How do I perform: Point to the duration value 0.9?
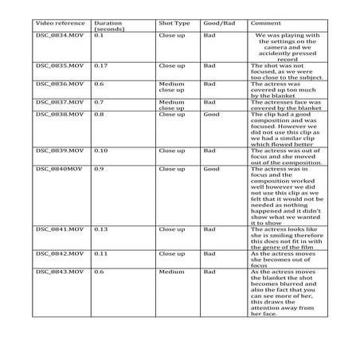99,169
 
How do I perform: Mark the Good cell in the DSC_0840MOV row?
213,169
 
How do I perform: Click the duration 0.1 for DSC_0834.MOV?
99,36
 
